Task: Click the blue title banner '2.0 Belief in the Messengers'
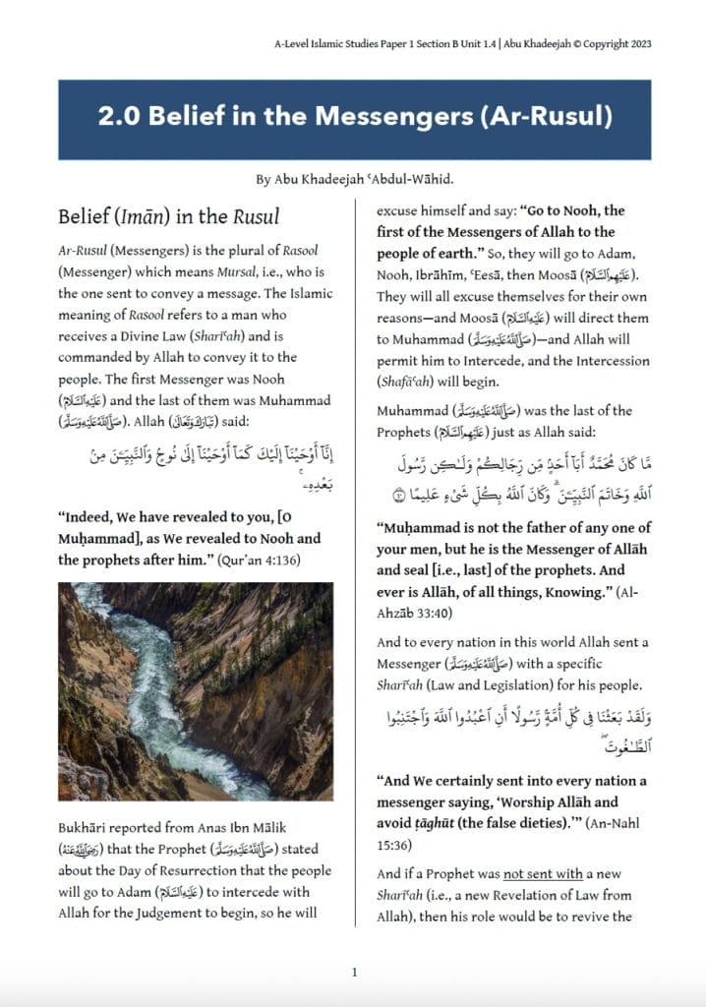pos(354,118)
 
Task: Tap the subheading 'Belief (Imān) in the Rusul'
pos(168,216)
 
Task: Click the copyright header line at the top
pos(463,44)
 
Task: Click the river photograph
pos(196,690)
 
